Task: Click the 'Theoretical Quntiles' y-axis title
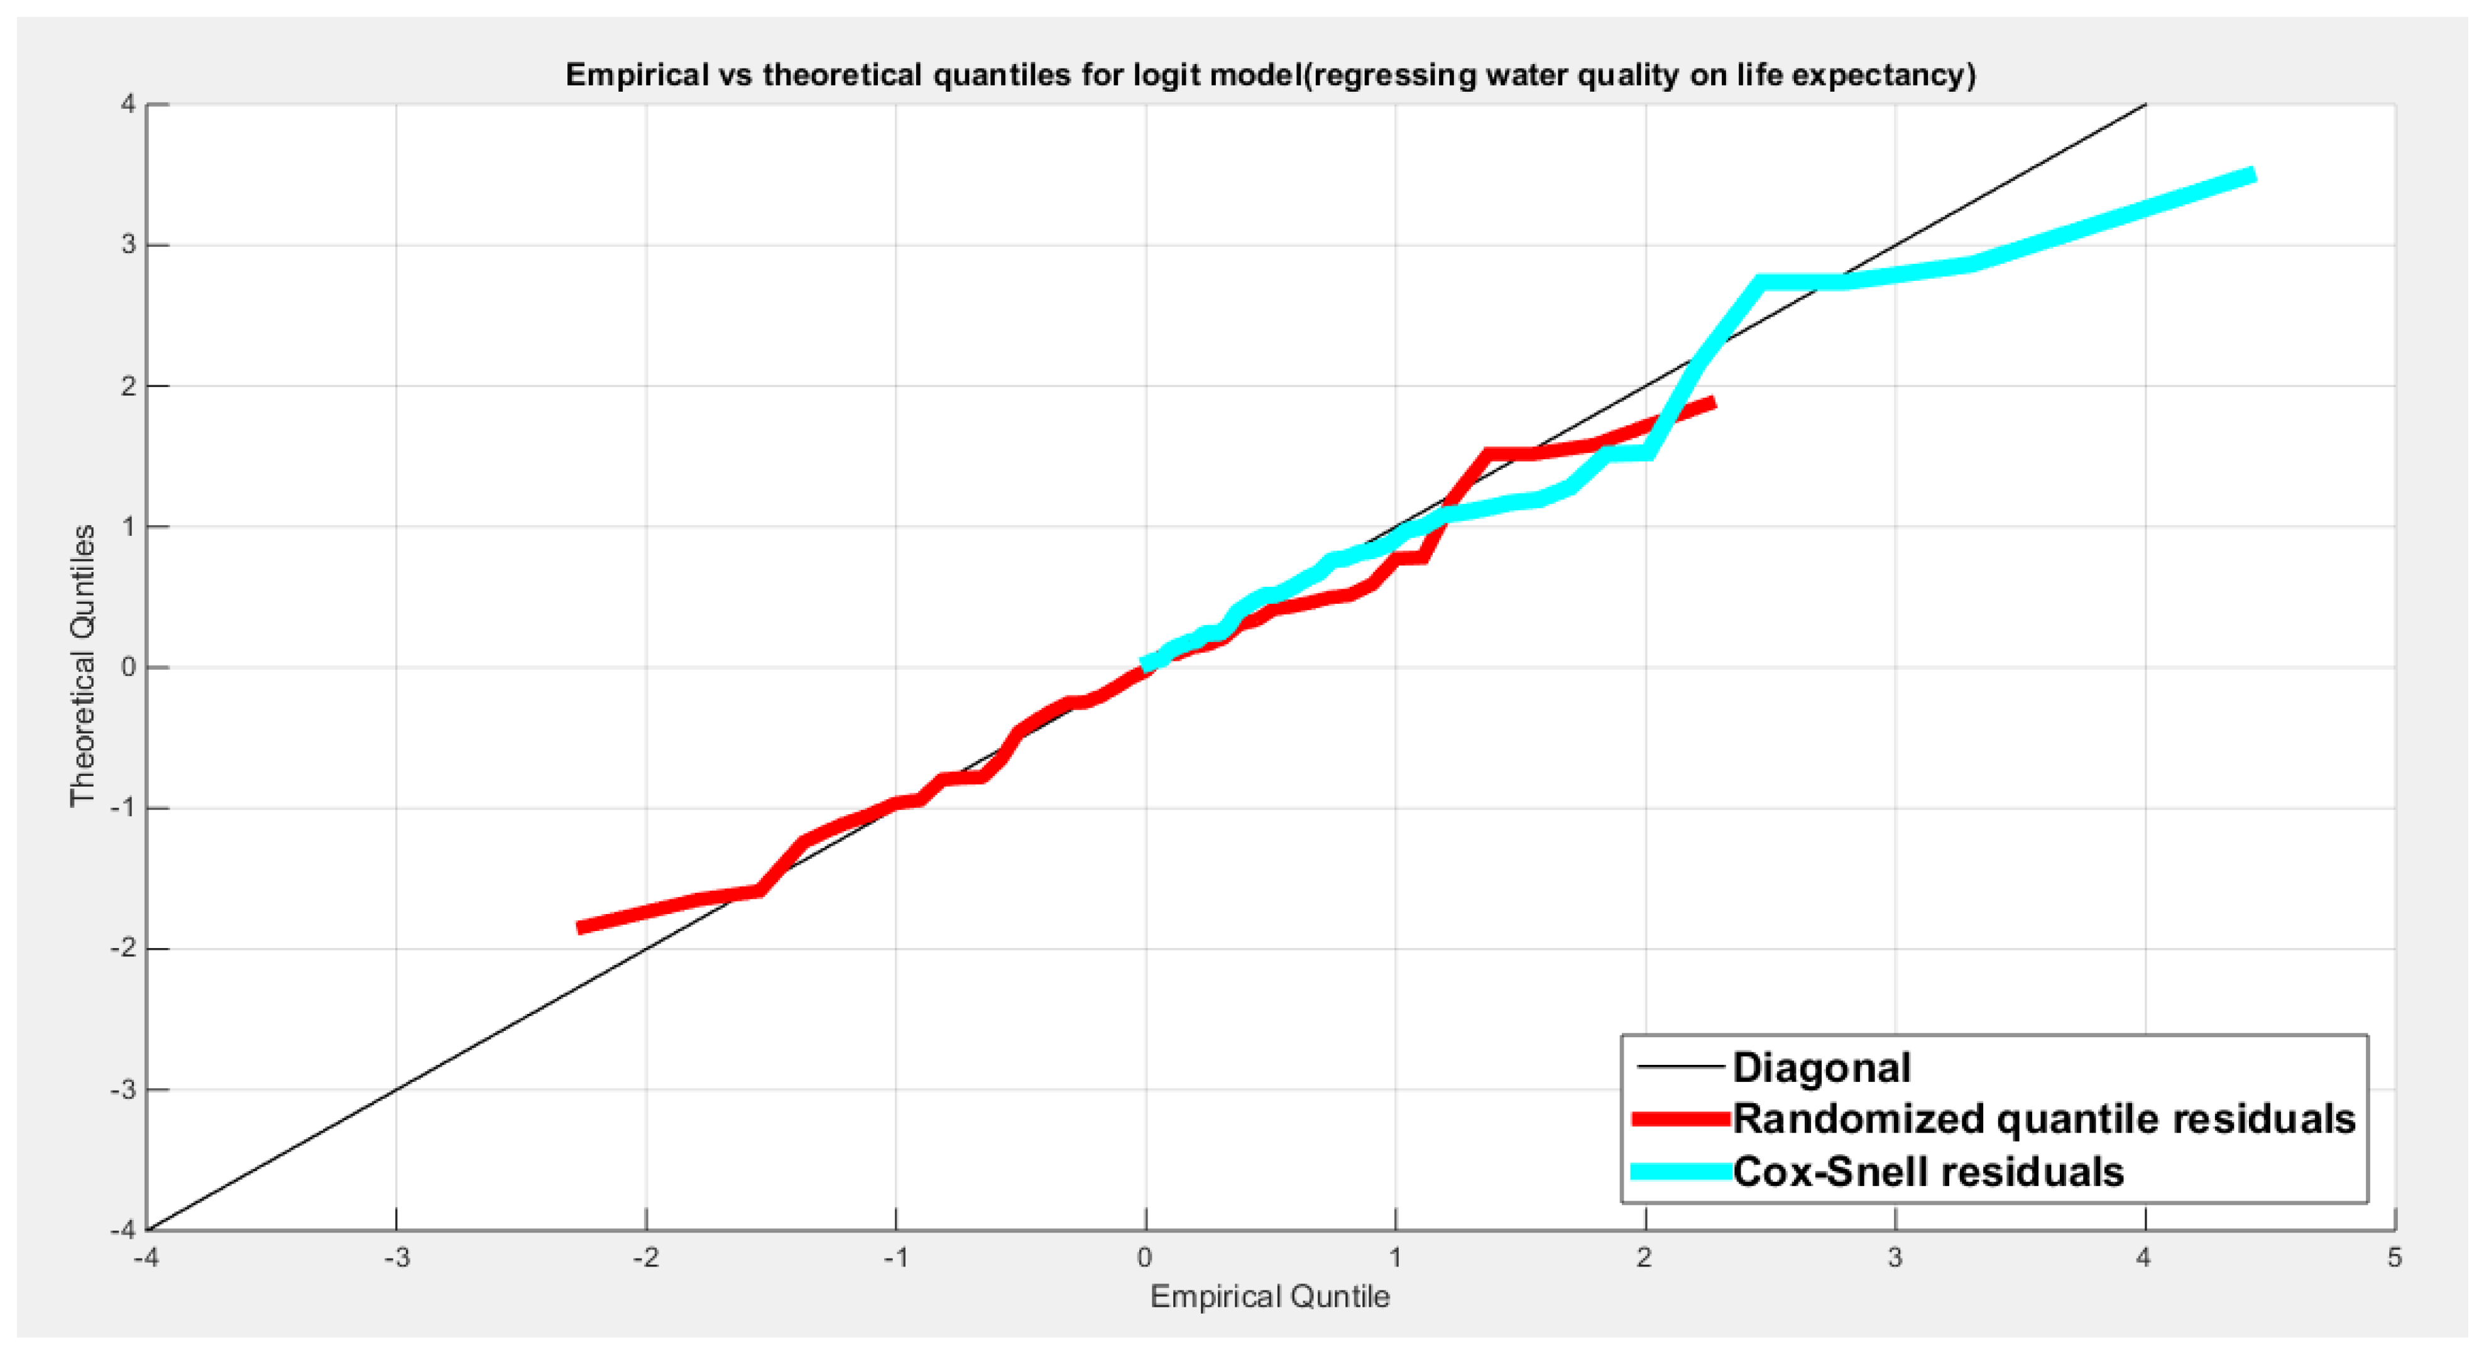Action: coord(83,666)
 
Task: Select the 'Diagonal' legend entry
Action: coord(1820,1067)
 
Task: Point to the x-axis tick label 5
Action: coord(2394,1258)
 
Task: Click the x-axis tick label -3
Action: coord(397,1258)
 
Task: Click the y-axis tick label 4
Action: coord(128,104)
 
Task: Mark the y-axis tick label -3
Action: coord(123,1090)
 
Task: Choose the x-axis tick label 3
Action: coord(1895,1258)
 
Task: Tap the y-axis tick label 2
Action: coord(128,386)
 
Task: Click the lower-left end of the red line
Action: coord(579,927)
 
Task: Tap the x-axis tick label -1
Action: coord(896,1258)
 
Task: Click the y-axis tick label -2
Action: coord(123,949)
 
